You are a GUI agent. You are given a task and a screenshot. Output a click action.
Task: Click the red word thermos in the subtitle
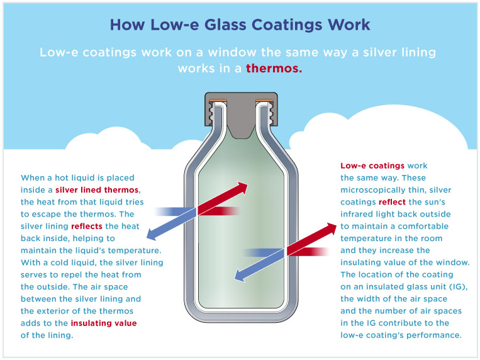(274, 68)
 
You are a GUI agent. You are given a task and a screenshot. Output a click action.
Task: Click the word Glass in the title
(225, 25)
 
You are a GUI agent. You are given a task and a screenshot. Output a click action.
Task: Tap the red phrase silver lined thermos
(97, 190)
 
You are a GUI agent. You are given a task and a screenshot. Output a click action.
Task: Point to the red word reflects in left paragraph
(87, 227)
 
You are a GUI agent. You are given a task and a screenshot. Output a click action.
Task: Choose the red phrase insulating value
(104, 323)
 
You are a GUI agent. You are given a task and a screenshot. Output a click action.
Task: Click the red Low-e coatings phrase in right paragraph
(372, 166)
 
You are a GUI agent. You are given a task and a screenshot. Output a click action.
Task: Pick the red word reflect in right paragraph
(392, 202)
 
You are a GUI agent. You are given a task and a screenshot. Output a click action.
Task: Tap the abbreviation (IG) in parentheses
(458, 287)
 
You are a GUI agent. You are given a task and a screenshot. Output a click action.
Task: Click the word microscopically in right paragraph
(374, 190)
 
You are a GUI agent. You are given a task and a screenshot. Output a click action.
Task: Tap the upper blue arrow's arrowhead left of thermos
(152, 234)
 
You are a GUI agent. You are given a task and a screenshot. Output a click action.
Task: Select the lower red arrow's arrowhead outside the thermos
(332, 229)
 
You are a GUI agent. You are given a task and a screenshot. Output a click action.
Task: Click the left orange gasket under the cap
(218, 101)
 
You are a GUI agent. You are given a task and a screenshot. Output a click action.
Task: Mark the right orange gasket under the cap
(264, 101)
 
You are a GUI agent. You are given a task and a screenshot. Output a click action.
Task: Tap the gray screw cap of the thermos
(241, 113)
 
